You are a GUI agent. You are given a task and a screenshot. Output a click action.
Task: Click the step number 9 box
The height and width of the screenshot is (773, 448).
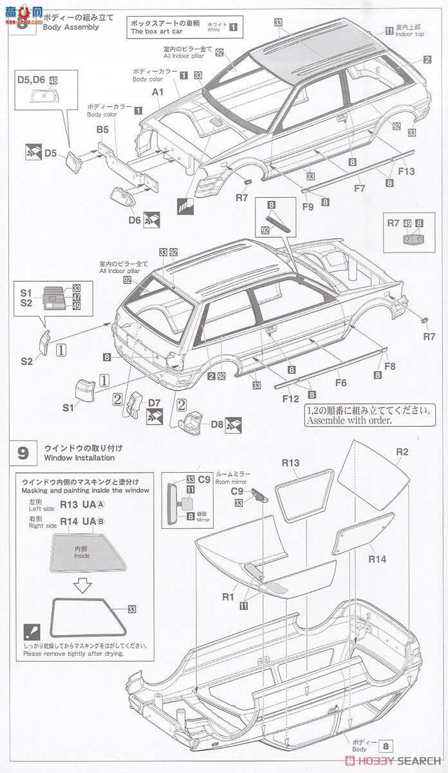click(23, 453)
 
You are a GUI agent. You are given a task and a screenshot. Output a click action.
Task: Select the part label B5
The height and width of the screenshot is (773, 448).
click(103, 129)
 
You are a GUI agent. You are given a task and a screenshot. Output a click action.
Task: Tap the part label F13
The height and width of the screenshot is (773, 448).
click(407, 171)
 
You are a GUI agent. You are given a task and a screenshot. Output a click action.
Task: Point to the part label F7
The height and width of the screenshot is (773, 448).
click(359, 189)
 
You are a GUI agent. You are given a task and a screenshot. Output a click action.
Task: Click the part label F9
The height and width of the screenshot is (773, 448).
click(308, 207)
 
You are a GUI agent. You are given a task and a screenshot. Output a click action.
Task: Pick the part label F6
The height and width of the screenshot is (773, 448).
click(341, 382)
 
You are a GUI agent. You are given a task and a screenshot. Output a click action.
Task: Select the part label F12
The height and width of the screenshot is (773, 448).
click(290, 399)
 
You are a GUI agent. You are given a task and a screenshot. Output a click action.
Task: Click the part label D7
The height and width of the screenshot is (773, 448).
click(154, 403)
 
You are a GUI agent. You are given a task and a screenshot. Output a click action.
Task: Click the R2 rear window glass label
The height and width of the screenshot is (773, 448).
click(402, 452)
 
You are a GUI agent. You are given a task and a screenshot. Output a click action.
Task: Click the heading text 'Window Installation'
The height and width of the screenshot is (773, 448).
click(79, 458)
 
